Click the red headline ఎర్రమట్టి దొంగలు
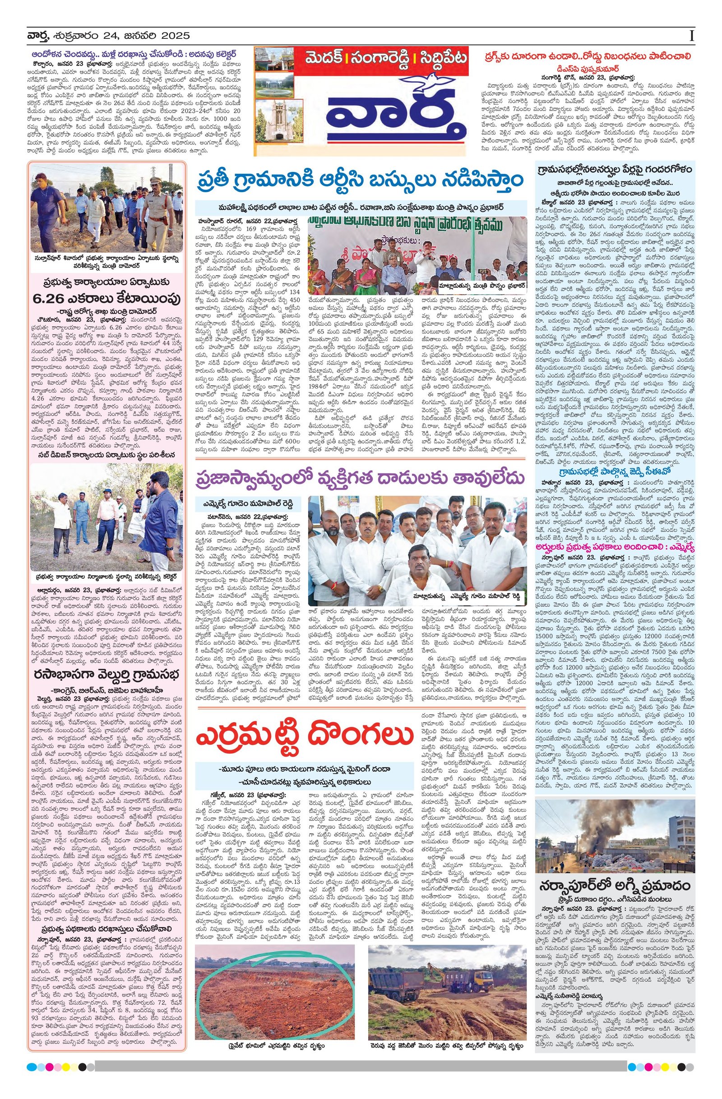(x=305, y=737)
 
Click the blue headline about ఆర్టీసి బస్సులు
(x=360, y=180)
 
